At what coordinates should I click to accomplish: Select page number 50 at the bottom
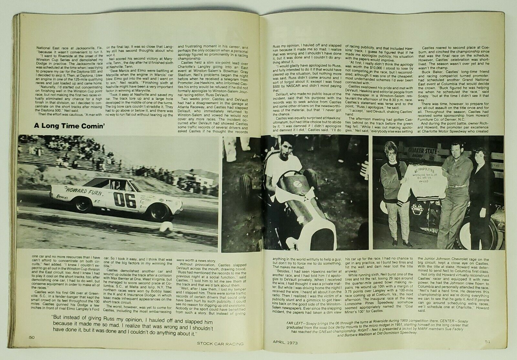pyautogui.click(x=31, y=337)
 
